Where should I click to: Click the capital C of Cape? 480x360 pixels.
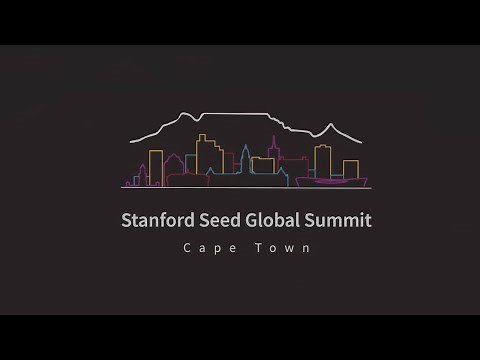(185, 248)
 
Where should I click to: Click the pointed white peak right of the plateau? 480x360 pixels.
(326, 126)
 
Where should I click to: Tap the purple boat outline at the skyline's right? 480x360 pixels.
(331, 180)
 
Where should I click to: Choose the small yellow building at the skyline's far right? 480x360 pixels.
(351, 168)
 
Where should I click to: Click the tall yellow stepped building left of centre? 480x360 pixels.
(208, 156)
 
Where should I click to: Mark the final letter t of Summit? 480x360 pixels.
(368, 220)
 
